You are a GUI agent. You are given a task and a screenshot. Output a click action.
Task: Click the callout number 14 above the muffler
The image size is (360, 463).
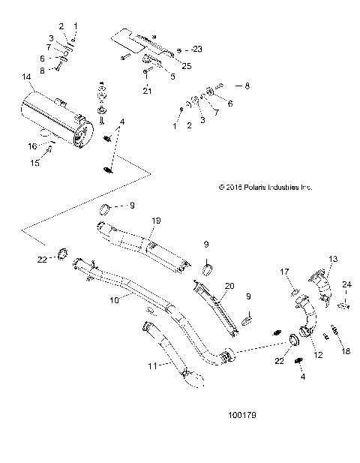[27, 77]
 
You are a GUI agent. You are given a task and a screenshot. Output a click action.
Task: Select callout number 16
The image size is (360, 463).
[31, 146]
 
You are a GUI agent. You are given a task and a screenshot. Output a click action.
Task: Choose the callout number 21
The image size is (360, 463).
[147, 91]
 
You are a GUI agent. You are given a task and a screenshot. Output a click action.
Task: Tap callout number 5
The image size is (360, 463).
[172, 76]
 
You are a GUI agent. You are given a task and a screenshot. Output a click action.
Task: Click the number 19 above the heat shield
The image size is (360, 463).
[157, 220]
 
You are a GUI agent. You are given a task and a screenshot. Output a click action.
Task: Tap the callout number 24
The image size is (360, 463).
[346, 284]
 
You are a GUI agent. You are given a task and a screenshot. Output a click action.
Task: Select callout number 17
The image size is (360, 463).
[286, 272]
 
